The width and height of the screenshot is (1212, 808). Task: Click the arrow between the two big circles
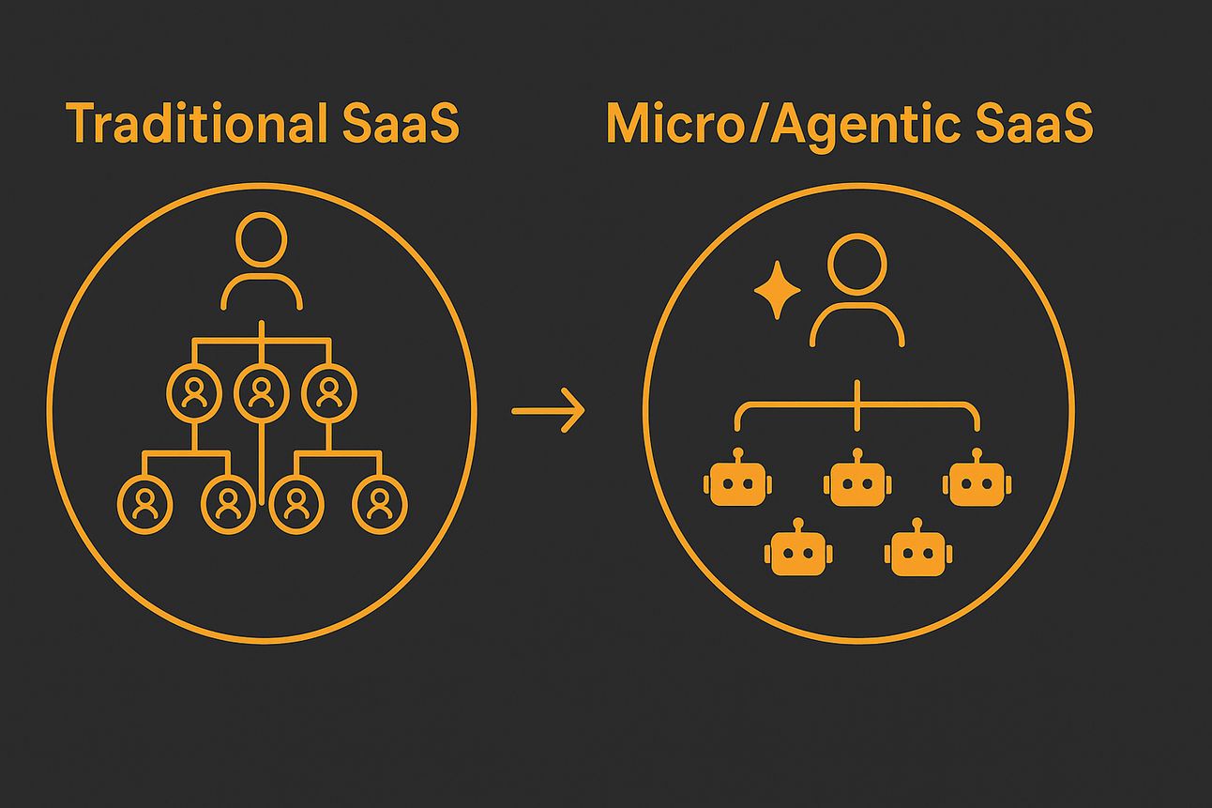[x=548, y=411]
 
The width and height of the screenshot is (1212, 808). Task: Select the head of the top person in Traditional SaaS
[x=261, y=239]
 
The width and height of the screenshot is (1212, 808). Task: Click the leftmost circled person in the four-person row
[x=145, y=505]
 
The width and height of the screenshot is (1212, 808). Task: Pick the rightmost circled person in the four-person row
[x=379, y=505]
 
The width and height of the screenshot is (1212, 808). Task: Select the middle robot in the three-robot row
[x=857, y=484]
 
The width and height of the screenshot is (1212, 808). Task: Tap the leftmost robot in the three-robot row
[x=737, y=484]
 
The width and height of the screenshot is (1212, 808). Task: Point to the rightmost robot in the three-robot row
[x=977, y=484]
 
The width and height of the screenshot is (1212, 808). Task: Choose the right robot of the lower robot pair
[x=917, y=553]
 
